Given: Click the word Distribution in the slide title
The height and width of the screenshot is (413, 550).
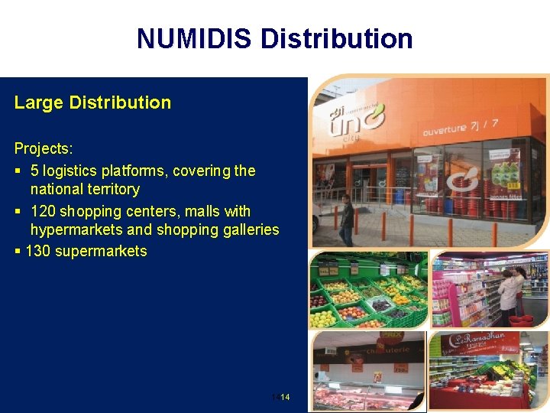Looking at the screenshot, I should tap(337, 38).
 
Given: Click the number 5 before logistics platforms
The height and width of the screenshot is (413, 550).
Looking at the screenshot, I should tap(34, 171).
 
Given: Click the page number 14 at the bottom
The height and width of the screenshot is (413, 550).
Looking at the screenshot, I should tap(285, 398).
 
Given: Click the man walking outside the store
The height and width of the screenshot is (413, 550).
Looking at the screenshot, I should tap(346, 221).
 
